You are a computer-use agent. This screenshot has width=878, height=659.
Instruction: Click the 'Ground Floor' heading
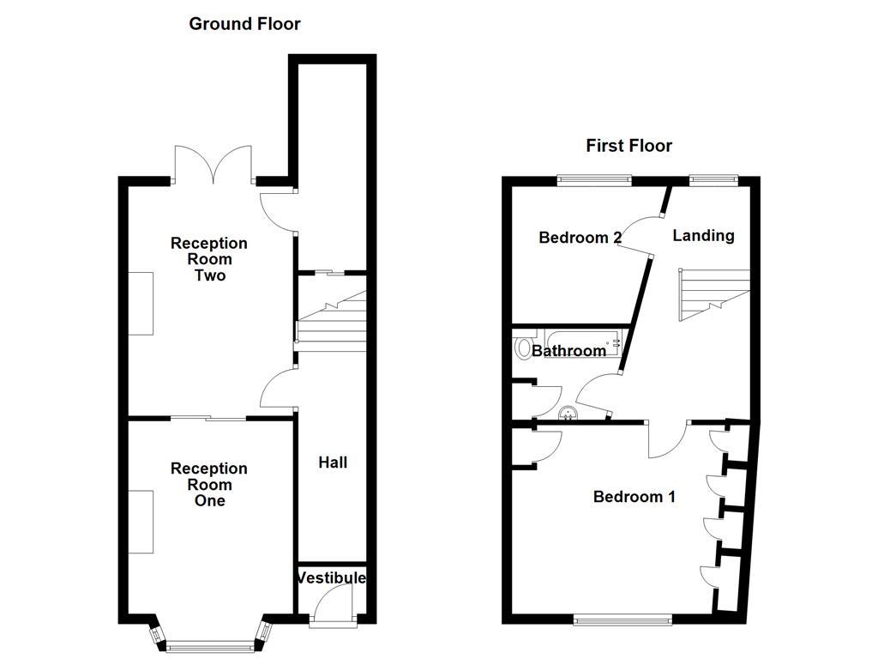coord(244,24)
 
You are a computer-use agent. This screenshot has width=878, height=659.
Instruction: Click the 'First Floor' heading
coord(628,146)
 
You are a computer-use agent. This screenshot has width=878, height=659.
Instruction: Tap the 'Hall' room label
coord(333,463)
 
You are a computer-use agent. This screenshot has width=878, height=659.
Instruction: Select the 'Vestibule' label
coord(332,578)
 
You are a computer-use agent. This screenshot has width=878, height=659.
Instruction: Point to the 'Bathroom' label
coord(568,351)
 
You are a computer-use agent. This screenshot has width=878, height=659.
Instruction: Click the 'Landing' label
coord(703,235)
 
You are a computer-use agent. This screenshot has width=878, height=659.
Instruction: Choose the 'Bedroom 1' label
coord(634,497)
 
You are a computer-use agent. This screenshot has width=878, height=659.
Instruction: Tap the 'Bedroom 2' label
coord(580,238)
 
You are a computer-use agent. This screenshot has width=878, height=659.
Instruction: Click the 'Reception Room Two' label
coord(209,259)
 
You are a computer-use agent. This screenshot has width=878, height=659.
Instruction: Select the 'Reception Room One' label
coord(209,485)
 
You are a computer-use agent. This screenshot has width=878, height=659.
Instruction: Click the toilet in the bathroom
coord(523,348)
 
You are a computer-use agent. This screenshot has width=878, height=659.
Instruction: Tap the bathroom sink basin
coord(568,415)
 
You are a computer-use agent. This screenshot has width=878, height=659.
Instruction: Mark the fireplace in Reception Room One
coord(141,522)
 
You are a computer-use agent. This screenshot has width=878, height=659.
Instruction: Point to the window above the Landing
coord(714,180)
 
